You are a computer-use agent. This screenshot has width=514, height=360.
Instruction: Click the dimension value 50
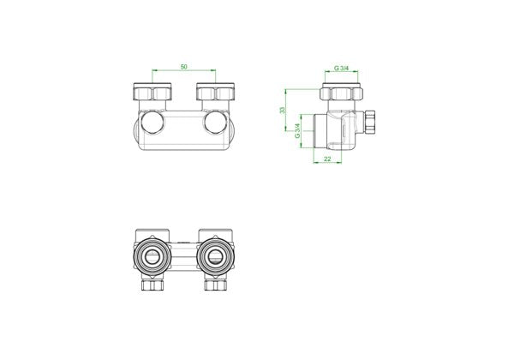coord(184,67)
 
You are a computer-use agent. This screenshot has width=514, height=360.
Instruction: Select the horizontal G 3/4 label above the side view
coord(341,69)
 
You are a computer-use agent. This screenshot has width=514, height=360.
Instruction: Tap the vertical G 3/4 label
coord(297,131)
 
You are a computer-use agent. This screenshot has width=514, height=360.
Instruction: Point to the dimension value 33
coord(282,111)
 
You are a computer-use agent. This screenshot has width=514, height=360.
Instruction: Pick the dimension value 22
coord(327,159)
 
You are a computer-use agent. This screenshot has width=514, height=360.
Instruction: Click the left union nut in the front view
coord(152,92)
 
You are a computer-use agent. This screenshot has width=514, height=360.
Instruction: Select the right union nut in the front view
coord(215,92)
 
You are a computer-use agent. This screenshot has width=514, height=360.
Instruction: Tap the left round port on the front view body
coord(152,123)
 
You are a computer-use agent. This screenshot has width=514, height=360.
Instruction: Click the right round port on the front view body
coord(215,123)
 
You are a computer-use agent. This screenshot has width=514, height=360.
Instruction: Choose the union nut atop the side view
coord(341,92)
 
